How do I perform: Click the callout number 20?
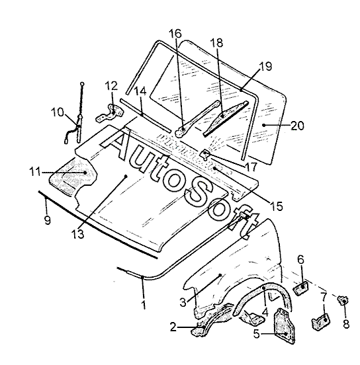(x=297, y=126)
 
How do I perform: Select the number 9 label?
(x=47, y=220)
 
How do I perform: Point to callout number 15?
(x=277, y=206)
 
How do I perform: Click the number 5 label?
(x=256, y=334)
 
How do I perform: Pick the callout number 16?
(x=175, y=34)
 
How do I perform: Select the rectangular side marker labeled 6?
(x=301, y=288)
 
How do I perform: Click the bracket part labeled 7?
(x=321, y=321)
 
